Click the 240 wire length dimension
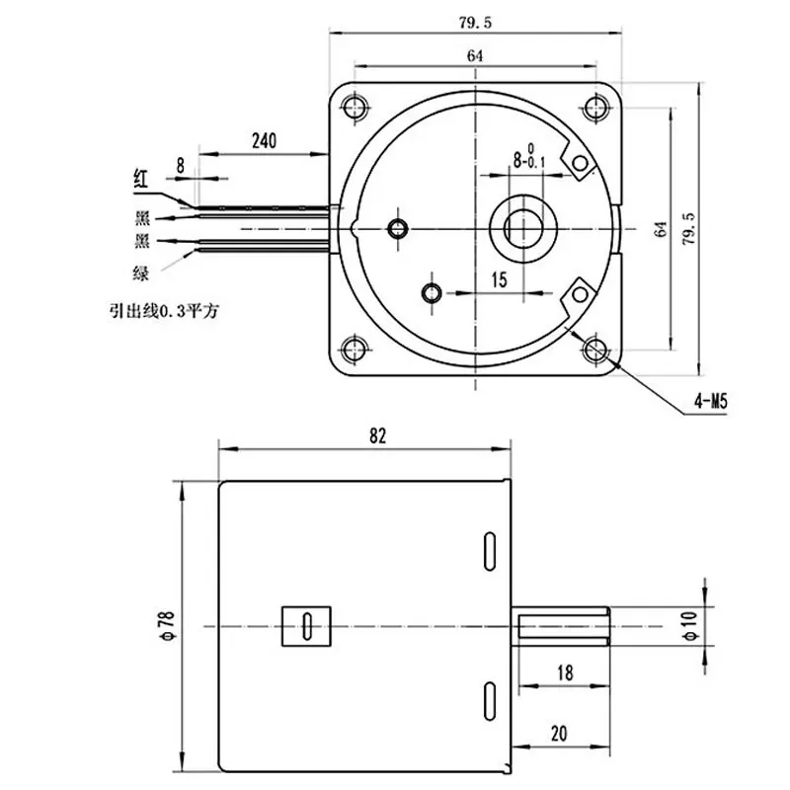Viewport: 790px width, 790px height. coord(264,140)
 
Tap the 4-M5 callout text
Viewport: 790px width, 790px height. coord(711,402)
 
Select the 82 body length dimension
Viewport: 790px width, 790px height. coord(377,435)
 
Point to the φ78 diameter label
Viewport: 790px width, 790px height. coord(168,625)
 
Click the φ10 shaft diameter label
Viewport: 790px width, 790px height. coord(690,625)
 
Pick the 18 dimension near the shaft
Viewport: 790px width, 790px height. coord(565,672)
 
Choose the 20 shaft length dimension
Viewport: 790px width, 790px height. coord(559,734)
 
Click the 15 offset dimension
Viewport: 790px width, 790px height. coord(499,280)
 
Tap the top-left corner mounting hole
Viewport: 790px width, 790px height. coord(355,107)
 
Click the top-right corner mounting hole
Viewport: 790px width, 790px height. coord(596,107)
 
